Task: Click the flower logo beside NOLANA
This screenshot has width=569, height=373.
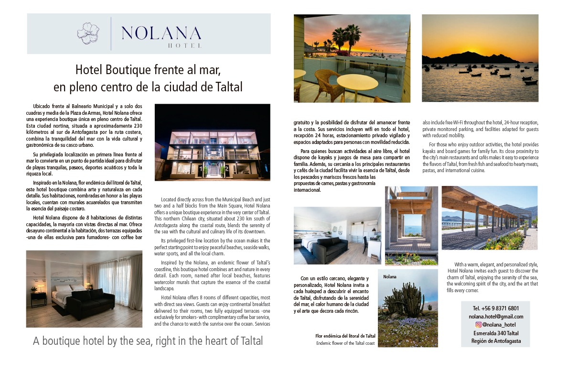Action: pos(88,33)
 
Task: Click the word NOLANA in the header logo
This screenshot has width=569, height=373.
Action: pos(161,33)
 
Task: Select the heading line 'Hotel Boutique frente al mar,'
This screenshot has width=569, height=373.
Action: pos(148,70)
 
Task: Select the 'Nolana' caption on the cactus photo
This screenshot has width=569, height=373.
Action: pos(390,276)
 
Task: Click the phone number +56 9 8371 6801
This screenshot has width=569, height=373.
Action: pos(495,308)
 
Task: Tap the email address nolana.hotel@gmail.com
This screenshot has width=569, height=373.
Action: pos(495,316)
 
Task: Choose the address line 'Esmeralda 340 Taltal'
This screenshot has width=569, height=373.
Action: pos(495,333)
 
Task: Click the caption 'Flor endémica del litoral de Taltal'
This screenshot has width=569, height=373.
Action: pos(345,336)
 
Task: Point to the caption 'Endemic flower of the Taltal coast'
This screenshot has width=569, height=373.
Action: pos(345,343)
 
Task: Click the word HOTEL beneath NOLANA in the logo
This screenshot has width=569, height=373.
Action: pos(185,46)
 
